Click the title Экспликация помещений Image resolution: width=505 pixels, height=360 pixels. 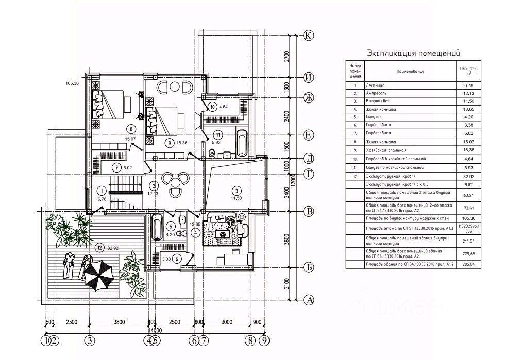click(x=413, y=53)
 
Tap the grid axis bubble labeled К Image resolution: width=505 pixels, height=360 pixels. click(x=309, y=36)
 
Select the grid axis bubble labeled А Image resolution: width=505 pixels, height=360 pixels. click(x=309, y=299)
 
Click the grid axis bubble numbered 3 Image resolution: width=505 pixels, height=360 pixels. click(x=90, y=340)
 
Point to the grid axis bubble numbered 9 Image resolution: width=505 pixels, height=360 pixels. click(x=264, y=340)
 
